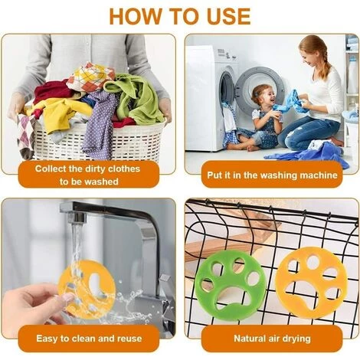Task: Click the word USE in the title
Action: tap(228, 17)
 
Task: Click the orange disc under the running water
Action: tap(87, 290)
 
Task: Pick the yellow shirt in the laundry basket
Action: tap(60, 113)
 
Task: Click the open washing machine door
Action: tap(259, 90)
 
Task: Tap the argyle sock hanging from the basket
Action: tap(26, 136)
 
